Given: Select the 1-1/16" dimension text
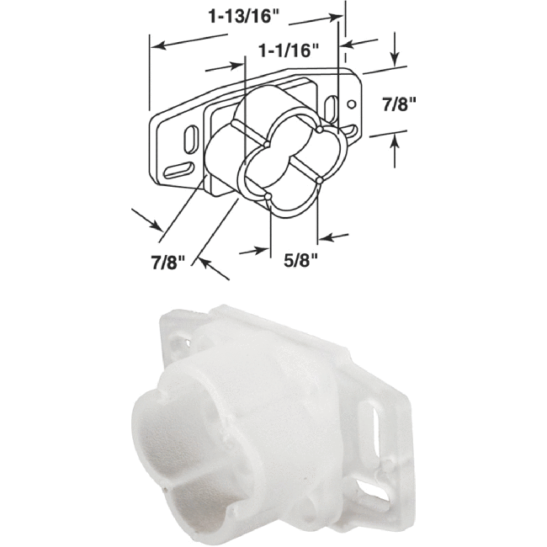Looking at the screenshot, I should point(289,51).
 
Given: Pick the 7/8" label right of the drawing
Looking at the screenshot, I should point(401,105).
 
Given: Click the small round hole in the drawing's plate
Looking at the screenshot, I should point(352,104).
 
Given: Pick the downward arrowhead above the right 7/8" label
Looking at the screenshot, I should point(394,61).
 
